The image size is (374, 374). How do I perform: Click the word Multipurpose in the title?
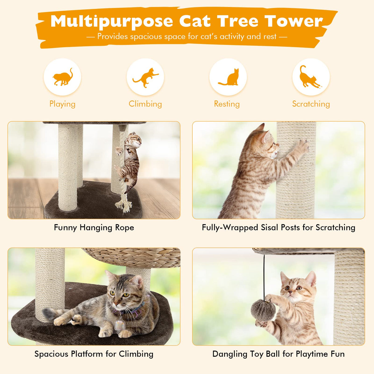[x=112, y=22]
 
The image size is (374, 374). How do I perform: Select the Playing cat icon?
[x=63, y=77]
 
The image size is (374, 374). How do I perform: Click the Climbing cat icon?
[x=145, y=77]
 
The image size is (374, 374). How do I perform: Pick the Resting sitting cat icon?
[x=228, y=77]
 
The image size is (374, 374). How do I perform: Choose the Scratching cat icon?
[x=311, y=77]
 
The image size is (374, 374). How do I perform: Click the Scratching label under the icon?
[x=311, y=104]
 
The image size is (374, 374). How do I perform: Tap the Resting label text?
[x=227, y=104]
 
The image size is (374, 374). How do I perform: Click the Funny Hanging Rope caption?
[x=94, y=228]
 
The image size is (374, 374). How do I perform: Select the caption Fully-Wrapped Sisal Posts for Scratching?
[x=278, y=228]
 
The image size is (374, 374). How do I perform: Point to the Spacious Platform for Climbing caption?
[x=94, y=354]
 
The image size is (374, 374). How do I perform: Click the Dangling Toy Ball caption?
[x=278, y=354]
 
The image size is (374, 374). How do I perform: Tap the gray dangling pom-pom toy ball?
[x=261, y=310]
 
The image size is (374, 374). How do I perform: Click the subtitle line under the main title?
[x=187, y=37]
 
